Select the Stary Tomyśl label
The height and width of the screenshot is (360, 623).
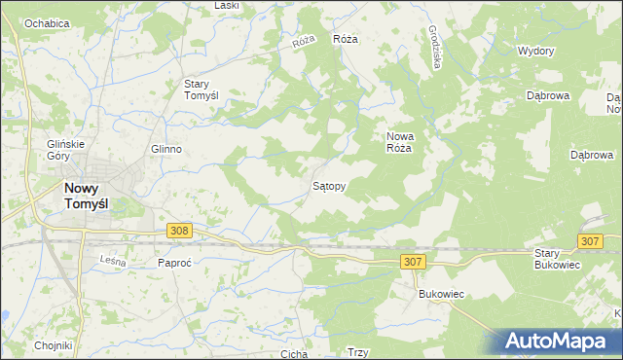(207, 90)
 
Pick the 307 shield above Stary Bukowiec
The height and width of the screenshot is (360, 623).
(589, 241)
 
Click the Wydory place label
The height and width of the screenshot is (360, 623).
(535, 51)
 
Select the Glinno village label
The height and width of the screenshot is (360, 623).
(166, 149)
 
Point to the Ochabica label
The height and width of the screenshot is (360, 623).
(47, 22)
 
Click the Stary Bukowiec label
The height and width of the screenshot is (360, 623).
(557, 259)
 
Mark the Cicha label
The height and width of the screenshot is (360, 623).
(293, 354)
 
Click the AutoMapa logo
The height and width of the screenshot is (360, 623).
(560, 342)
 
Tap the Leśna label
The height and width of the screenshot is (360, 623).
(114, 260)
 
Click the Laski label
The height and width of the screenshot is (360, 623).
(227, 5)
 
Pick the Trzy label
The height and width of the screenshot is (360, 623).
(357, 354)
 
